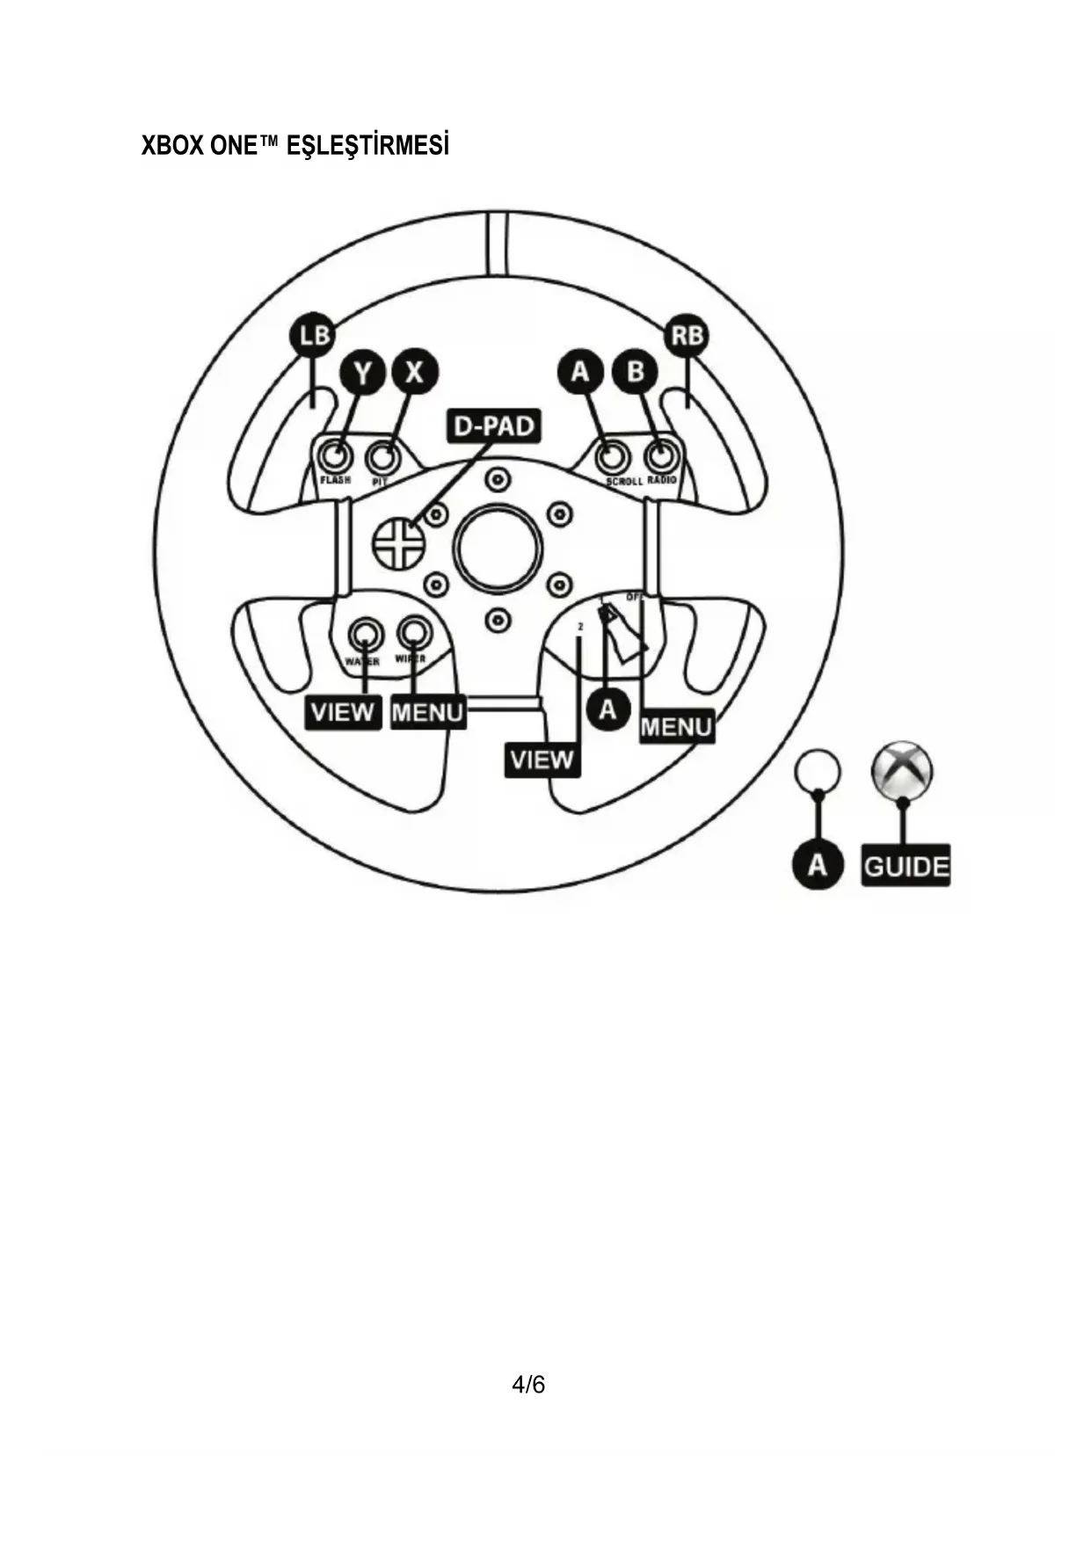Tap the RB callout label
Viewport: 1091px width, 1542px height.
tap(688, 335)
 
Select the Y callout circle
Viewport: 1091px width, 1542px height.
tap(362, 372)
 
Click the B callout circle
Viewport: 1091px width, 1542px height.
tap(635, 372)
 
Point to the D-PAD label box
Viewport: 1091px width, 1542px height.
tap(493, 426)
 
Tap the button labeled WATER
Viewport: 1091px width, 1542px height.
tap(364, 633)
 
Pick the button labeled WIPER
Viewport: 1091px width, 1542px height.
tap(413, 631)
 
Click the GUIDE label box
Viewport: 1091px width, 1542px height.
tap(906, 867)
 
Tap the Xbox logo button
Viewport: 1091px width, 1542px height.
tap(901, 771)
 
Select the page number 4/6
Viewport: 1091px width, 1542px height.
tap(528, 1386)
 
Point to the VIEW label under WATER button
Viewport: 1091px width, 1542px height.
tap(343, 711)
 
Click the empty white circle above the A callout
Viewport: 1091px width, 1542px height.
tap(818, 771)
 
